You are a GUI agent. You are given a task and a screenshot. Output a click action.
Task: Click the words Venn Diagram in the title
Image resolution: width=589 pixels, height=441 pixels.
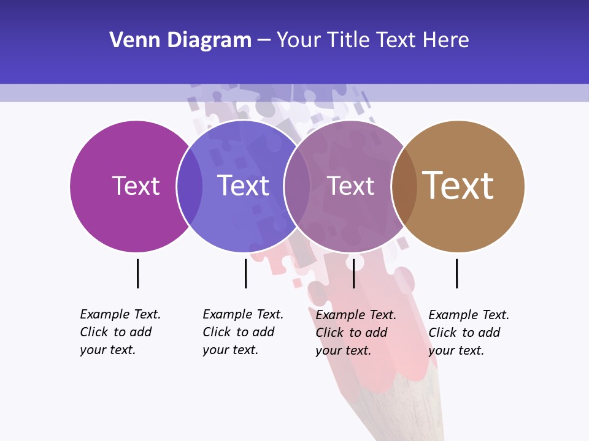[x=180, y=40]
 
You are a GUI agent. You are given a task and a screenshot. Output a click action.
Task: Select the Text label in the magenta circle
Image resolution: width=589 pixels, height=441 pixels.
[x=136, y=186]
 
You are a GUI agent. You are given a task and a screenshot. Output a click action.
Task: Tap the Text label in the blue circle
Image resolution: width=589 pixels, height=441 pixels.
[x=244, y=186]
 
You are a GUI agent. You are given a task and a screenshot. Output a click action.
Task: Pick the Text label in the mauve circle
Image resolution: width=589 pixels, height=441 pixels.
[x=350, y=186]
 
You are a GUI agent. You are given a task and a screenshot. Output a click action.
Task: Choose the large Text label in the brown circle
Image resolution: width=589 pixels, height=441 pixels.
[x=458, y=185]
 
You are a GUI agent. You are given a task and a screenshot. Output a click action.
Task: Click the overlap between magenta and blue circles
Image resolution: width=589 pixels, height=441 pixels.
[x=190, y=186]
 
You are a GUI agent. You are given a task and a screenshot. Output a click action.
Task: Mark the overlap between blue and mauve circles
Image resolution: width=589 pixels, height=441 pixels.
[x=297, y=186]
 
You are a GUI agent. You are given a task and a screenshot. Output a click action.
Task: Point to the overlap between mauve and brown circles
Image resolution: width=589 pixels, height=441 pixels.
[x=404, y=186]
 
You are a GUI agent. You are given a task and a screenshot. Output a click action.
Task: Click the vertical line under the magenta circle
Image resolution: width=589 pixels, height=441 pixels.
[x=137, y=273]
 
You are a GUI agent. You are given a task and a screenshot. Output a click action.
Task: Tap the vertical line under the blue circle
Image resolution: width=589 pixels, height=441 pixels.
[x=245, y=273]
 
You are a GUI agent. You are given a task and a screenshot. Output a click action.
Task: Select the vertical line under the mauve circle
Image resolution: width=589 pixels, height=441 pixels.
[x=353, y=273]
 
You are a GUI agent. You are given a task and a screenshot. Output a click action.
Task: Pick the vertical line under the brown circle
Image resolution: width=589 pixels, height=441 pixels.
[x=456, y=273]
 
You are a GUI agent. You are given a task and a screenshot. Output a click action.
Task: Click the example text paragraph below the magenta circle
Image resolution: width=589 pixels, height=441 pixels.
[x=120, y=332]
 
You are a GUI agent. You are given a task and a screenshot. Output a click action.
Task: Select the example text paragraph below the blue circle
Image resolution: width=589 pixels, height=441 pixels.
[x=242, y=332]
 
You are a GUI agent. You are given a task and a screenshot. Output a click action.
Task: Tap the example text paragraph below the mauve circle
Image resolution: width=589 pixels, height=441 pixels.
[x=355, y=333]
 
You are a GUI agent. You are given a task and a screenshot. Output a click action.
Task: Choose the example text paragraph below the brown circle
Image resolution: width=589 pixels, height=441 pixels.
[x=468, y=333]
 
